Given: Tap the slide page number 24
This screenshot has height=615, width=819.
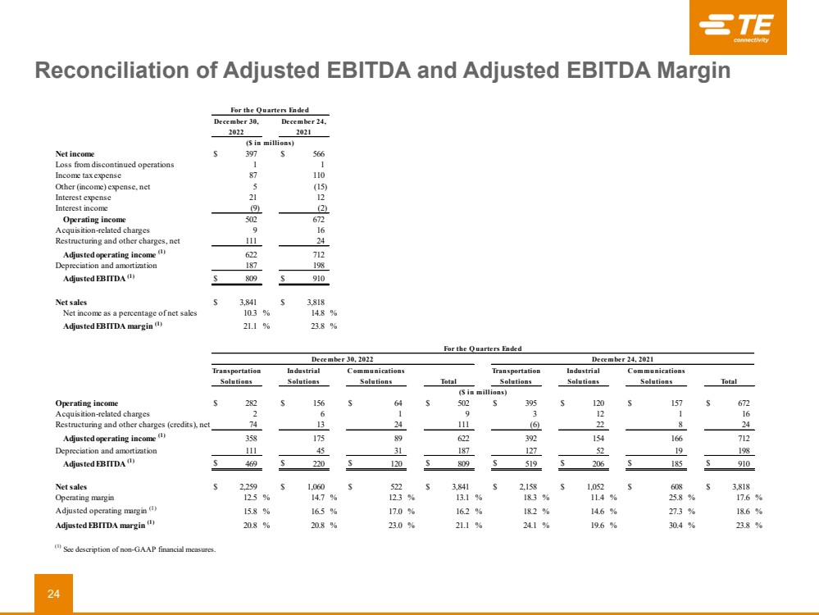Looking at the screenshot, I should [x=53, y=594].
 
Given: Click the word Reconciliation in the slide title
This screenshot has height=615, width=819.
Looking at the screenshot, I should [x=108, y=71].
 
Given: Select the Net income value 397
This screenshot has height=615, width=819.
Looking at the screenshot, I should [x=252, y=153].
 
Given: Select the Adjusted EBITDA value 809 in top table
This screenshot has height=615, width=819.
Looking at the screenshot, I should [x=252, y=279].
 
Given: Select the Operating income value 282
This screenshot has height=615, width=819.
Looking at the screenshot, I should [x=252, y=403].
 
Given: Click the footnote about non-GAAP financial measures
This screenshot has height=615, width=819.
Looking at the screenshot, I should [x=135, y=549].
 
